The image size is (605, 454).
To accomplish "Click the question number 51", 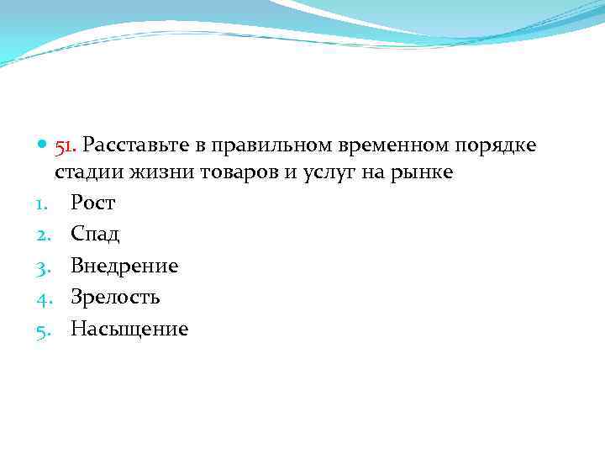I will pyautogui.click(x=66, y=146).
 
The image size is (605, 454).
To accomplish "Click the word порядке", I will pyautogui.click(x=495, y=146).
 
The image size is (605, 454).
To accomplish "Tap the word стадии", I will pyautogui.click(x=87, y=173).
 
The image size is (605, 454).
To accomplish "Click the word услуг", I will pyautogui.click(x=319, y=173).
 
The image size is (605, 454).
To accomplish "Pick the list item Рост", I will pyautogui.click(x=92, y=203).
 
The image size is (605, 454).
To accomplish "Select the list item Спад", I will pyautogui.click(x=95, y=235).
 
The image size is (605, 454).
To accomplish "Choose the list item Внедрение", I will pyautogui.click(x=124, y=267).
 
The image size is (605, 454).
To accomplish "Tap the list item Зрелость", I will pyautogui.click(x=115, y=297).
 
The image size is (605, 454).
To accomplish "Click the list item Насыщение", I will pyautogui.click(x=129, y=329).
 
